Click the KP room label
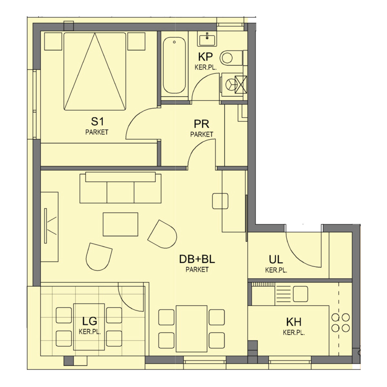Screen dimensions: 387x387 pos(205,57)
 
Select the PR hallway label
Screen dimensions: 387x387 pos(202,124)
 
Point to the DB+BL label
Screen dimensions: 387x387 pos(197,259)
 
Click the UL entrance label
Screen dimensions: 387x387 pos(276,259)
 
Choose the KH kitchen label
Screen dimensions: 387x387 pos(293,322)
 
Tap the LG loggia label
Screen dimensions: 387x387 pos(90,321)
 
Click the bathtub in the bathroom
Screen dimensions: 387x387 pos(174,65)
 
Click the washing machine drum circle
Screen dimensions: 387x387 pos(231,84)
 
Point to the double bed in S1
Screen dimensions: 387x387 pos(95,71)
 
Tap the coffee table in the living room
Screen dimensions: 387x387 pos(121,224)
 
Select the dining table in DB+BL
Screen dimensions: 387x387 pos(191,329)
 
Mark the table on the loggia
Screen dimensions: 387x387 pos(89,327)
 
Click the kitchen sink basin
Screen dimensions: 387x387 pos(301,294)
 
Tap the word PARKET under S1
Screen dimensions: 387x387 pos(97,132)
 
